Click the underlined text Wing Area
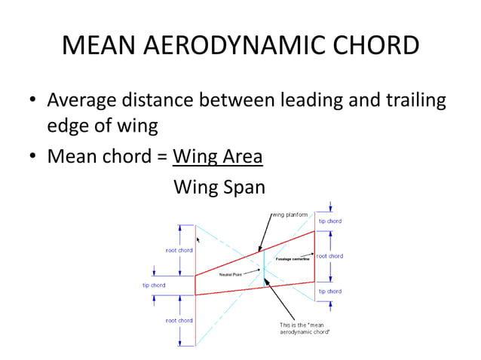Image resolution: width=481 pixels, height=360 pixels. pyautogui.click(x=218, y=157)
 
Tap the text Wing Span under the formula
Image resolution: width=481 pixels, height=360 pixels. pyautogui.click(x=219, y=186)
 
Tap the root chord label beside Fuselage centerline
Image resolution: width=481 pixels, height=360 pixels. pyautogui.click(x=329, y=256)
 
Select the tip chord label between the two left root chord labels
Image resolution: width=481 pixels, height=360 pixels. pyautogui.click(x=154, y=285)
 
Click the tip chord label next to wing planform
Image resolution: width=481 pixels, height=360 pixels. pyautogui.click(x=329, y=221)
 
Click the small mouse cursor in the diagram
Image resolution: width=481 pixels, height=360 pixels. pyautogui.click(x=198, y=239)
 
